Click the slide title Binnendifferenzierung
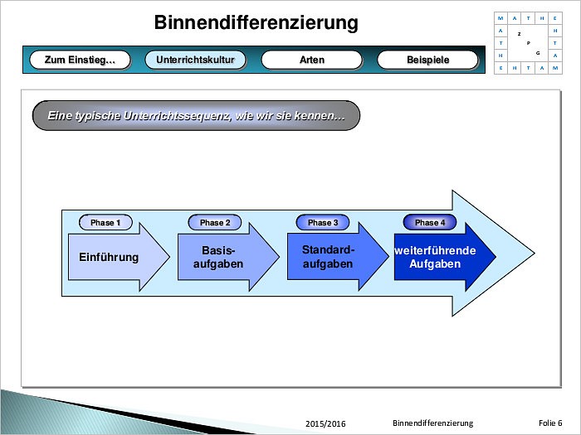(256, 22)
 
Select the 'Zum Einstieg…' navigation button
(80, 60)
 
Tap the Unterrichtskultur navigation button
(196, 60)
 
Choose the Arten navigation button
(312, 60)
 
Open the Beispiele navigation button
(427, 60)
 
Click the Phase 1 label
(105, 222)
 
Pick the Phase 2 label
(215, 222)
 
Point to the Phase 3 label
(323, 222)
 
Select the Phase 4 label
(430, 222)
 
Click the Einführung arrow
(108, 257)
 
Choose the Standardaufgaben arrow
(328, 257)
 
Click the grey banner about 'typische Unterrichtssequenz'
(196, 116)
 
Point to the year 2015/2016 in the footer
(325, 423)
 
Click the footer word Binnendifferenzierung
(432, 423)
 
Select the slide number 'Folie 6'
(549, 423)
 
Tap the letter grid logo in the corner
(527, 42)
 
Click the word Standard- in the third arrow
(328, 249)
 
